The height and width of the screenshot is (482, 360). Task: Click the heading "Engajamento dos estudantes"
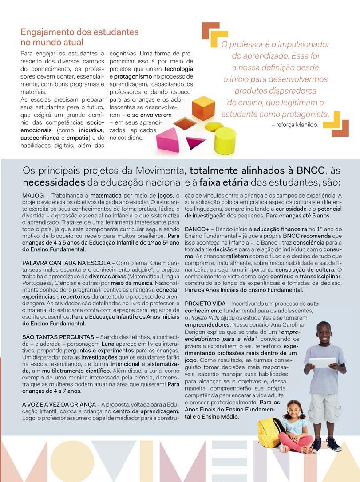tap(79, 32)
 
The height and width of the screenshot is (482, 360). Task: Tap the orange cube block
tap(203, 108)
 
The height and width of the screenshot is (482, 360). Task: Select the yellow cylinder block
tap(225, 140)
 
